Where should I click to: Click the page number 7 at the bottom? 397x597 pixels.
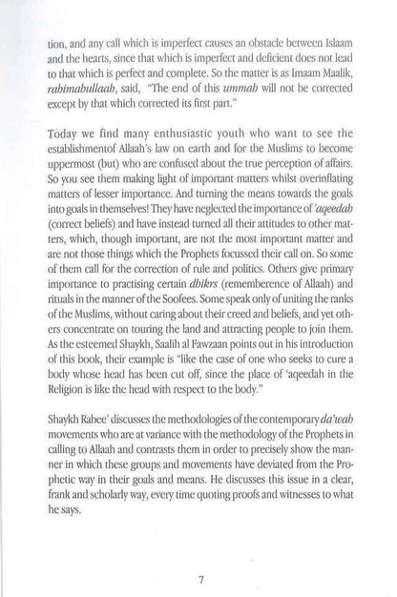point(198,551)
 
